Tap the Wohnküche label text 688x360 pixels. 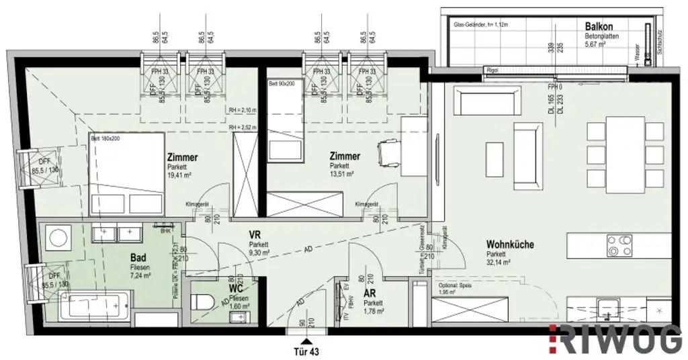pyautogui.click(x=511, y=244)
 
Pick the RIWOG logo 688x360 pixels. pyautogui.click(x=614, y=340)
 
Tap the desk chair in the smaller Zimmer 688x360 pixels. pyautogui.click(x=388, y=152)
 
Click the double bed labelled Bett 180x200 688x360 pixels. pyautogui.click(x=126, y=173)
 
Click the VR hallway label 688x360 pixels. pyautogui.click(x=255, y=234)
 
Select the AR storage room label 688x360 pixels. pyautogui.click(x=369, y=294)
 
